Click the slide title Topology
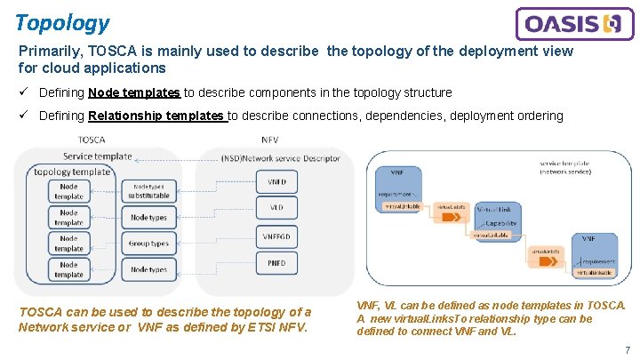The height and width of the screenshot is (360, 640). (x=62, y=23)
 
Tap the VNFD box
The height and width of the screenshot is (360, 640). (x=276, y=183)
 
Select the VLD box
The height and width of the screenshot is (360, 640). (x=276, y=209)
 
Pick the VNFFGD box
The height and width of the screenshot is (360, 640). (x=276, y=236)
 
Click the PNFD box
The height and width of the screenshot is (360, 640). (x=276, y=263)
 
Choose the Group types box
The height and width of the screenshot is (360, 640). (x=148, y=243)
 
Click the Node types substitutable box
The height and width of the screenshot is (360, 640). (x=148, y=191)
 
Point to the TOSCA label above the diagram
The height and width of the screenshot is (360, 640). (x=92, y=140)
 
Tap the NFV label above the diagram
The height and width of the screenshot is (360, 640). (x=269, y=140)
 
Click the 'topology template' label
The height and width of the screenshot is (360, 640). (x=72, y=172)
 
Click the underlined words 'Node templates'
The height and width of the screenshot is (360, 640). (x=134, y=92)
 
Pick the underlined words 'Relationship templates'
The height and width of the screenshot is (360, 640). (x=157, y=116)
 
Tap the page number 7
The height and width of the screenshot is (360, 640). (x=627, y=350)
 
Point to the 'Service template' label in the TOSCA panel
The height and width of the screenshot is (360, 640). (x=98, y=156)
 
